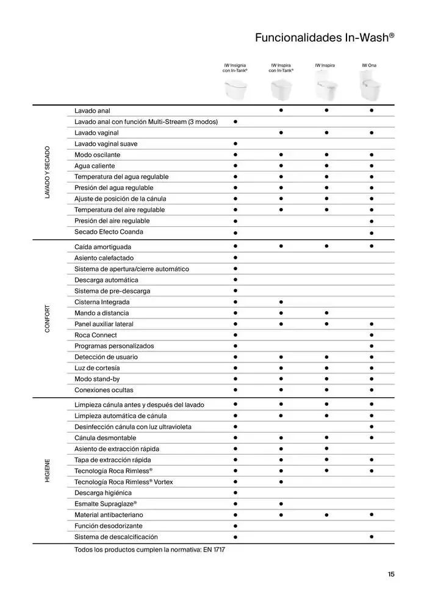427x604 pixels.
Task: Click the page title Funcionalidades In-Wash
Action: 324,38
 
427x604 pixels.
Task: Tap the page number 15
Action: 391,574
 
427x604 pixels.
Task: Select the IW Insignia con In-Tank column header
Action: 235,68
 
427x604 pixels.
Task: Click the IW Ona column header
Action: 369,65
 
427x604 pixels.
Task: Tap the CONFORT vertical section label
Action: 48,318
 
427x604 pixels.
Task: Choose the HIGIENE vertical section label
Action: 48,470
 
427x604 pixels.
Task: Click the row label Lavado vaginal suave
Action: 106,144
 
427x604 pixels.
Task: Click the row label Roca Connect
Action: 96,335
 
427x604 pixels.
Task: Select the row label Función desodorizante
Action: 109,526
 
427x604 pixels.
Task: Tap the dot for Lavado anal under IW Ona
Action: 371,110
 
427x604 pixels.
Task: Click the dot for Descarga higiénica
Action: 235,493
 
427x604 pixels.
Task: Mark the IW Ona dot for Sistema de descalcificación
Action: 371,536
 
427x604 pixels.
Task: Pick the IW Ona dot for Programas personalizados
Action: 371,346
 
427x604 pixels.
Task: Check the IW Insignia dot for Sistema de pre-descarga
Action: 235,291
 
